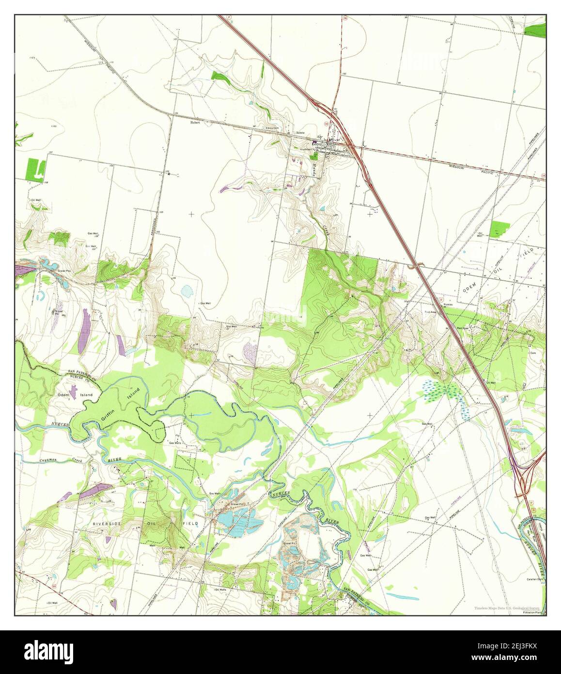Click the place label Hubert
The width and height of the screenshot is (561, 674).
(195, 123)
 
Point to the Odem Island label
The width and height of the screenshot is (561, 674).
(81, 395)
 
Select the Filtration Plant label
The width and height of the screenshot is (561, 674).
(532, 612)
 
